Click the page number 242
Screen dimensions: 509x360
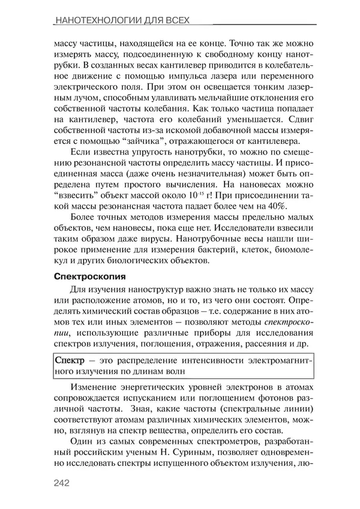[64, 481]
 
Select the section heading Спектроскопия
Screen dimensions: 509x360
[89, 278]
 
